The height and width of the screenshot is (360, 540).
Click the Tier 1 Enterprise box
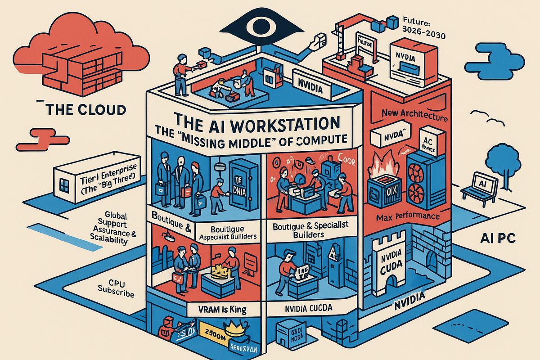[x=93, y=180]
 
